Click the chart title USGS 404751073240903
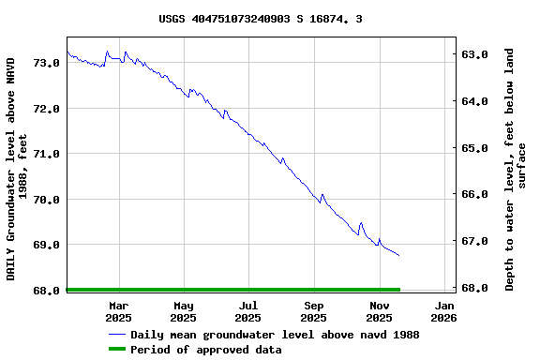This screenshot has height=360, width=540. coord(261,18)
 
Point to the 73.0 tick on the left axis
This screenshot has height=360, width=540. coord(47,63)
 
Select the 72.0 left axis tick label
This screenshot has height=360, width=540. coord(47,109)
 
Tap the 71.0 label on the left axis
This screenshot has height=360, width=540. coord(47,154)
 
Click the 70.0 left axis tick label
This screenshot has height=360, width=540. coord(47,200)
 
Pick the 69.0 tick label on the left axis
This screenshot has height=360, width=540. coord(47,245)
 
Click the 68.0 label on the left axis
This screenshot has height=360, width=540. coord(47,291)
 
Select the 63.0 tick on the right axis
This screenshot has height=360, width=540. coord(476,54)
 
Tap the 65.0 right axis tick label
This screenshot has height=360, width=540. coord(476,148)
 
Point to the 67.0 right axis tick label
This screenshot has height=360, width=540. coord(476,241)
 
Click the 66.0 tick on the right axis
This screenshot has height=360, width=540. coord(476,194)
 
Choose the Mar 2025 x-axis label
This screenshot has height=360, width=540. coord(119,311)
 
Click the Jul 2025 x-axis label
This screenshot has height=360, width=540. coord(248,311)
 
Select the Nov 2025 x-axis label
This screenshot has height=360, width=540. coord(380,311)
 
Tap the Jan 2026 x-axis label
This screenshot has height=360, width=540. coord(444,311)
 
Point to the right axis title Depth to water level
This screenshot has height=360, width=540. coord(516,169)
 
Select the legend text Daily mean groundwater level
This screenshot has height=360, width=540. coord(275,335)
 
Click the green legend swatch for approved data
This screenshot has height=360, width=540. coord(117,350)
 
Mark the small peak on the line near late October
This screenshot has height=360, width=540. coord(361,223)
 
